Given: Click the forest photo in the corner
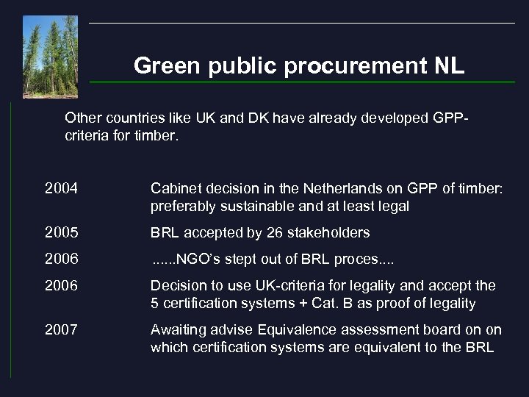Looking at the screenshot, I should tap(50, 57).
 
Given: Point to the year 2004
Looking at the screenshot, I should tap(60, 189).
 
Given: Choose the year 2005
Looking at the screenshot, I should tap(60, 233).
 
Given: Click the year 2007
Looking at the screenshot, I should tap(60, 329).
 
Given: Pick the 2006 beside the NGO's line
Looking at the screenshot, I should tap(60, 259).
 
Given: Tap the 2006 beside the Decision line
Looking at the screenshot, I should tap(60, 285).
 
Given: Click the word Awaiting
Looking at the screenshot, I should tap(177, 329).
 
